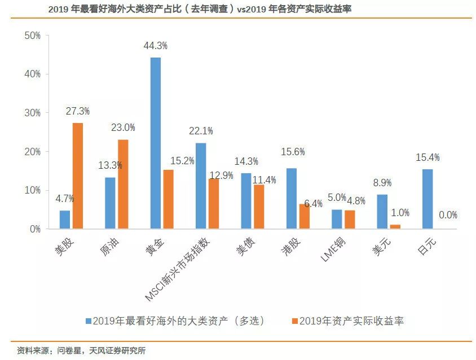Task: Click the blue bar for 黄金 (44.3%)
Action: [155, 143]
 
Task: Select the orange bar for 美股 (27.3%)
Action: [77, 176]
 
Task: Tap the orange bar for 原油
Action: [123, 185]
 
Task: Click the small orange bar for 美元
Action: [395, 227]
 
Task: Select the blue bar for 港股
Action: [291, 199]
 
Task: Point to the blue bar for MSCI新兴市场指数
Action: [201, 186]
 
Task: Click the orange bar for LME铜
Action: [350, 219]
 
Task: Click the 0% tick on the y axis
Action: [36, 229]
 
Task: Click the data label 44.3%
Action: [156, 45]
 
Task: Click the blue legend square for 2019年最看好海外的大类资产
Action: [89, 321]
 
